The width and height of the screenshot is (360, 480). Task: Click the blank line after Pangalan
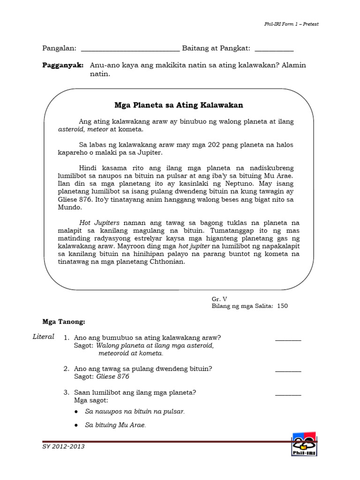tap(130, 49)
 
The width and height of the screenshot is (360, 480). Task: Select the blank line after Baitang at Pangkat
tap(274, 49)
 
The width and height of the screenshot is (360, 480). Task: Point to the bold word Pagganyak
tap(63, 65)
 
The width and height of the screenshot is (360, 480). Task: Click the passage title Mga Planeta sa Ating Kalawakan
tap(179, 105)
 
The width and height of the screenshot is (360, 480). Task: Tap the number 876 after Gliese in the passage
tap(114, 200)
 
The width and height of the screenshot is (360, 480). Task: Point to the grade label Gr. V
tap(219, 298)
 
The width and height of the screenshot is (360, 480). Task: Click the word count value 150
tap(282, 306)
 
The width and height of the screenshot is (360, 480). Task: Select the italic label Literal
tap(44, 337)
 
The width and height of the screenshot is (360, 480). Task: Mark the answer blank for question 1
tap(288, 340)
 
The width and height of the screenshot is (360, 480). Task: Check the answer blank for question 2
tap(288, 370)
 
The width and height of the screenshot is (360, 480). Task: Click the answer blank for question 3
tap(288, 394)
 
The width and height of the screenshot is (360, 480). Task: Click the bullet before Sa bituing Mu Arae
tap(76, 425)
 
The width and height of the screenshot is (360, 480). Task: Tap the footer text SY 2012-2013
tap(63, 446)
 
